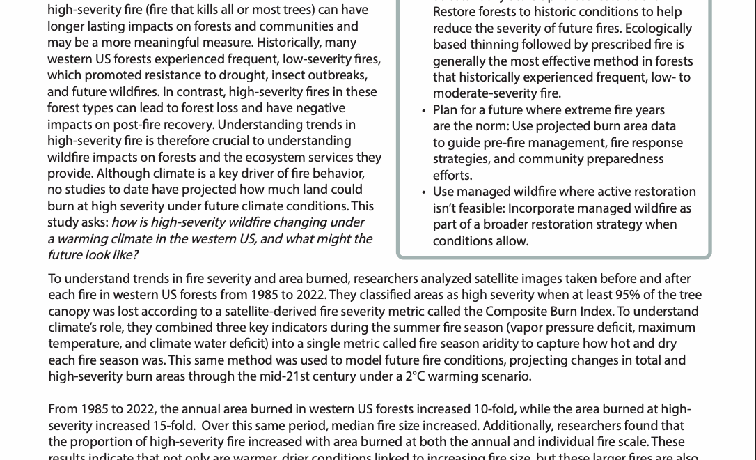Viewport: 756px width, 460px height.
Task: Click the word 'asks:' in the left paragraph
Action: [94, 222]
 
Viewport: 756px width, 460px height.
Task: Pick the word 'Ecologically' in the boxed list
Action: [657, 29]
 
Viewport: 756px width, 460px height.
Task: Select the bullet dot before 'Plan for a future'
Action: [424, 111]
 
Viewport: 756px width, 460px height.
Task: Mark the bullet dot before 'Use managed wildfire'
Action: [424, 192]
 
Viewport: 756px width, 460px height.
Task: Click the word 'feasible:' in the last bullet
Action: [480, 208]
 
